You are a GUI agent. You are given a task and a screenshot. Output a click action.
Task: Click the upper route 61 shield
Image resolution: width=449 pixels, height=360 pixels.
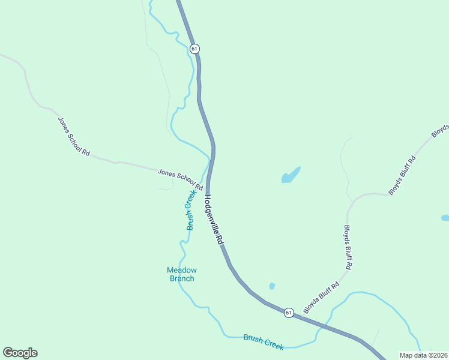tap(194, 49)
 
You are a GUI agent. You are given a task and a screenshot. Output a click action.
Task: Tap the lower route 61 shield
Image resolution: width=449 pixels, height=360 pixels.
tap(289, 313)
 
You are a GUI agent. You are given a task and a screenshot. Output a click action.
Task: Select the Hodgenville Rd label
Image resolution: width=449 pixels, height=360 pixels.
tap(214, 218)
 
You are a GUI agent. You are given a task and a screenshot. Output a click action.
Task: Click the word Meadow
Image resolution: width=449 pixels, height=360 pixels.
tap(181, 270)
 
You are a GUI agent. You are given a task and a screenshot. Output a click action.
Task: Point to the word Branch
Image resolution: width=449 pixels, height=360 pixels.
tap(181, 278)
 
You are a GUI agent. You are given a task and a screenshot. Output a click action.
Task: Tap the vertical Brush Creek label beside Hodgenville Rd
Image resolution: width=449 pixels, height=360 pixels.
tap(190, 210)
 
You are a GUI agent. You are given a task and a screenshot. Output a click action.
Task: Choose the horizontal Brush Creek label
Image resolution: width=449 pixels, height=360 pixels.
tap(264, 341)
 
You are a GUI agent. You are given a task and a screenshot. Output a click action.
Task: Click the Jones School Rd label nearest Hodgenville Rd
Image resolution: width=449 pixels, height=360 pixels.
tap(179, 179)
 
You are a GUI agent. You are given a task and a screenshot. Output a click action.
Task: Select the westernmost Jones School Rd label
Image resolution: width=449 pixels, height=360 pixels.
tap(73, 136)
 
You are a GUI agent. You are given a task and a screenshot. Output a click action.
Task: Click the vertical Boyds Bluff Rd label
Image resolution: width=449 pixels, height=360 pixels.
tap(348, 247)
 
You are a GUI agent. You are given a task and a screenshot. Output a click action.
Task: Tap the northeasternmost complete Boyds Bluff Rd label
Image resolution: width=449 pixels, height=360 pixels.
tap(402, 176)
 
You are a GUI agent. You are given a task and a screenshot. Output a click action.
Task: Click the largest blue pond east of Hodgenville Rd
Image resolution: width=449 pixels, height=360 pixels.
tap(291, 175)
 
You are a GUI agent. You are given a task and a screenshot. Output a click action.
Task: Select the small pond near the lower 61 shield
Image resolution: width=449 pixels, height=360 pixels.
tap(272, 286)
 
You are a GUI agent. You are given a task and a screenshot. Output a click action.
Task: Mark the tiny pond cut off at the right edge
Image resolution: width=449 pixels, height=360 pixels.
tap(445, 218)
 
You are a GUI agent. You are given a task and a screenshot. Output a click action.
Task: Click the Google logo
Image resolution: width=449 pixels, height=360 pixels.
tap(20, 353)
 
